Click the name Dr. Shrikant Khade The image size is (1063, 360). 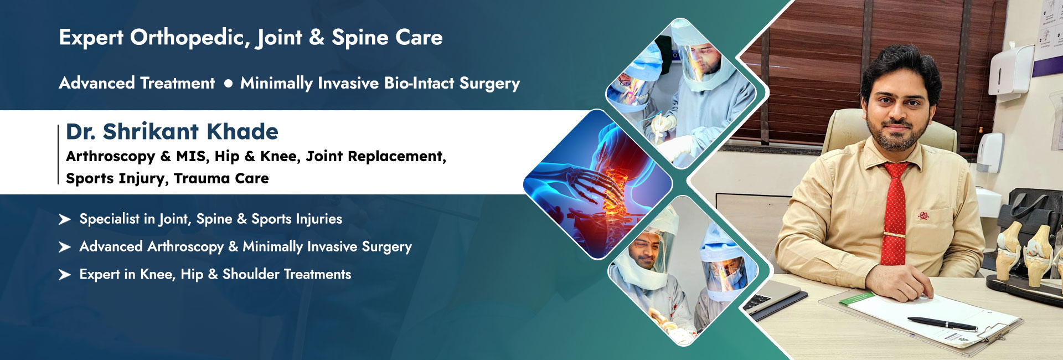coord(172,132)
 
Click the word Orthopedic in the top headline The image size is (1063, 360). coord(188,38)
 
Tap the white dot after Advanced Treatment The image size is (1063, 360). coord(228,84)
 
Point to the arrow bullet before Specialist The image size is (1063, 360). coord(65,220)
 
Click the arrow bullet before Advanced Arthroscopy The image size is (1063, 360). coord(65,247)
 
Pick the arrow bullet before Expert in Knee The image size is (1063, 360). coord(65,275)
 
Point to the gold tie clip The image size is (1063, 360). coord(894,234)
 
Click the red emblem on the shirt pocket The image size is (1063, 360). coord(923,215)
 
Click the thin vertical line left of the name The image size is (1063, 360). coord(58,154)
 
